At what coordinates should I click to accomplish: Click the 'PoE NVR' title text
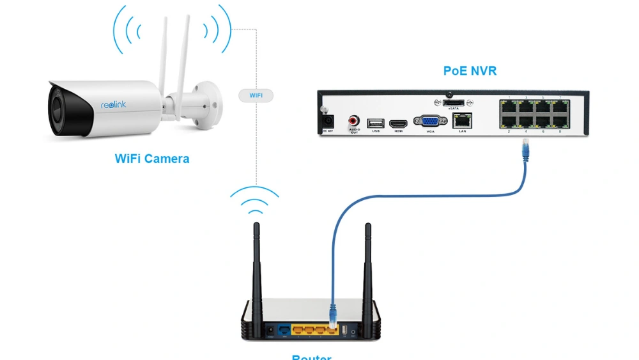click(x=470, y=71)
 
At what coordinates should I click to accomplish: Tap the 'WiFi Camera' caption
click(x=152, y=159)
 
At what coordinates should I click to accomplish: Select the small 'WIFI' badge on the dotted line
click(x=256, y=95)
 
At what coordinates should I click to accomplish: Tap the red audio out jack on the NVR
click(x=353, y=120)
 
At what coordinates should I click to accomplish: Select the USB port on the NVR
click(x=375, y=121)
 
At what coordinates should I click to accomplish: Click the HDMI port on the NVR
click(x=399, y=121)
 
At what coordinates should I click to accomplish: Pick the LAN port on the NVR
click(x=463, y=119)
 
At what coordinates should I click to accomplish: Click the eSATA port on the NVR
click(x=454, y=102)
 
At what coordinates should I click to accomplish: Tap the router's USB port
click(x=344, y=330)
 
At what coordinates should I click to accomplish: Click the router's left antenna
click(x=257, y=269)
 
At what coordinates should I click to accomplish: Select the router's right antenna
click(x=367, y=269)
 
